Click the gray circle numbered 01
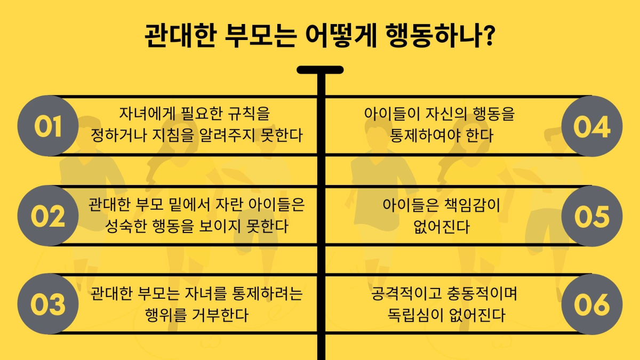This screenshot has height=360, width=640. pos(48,126)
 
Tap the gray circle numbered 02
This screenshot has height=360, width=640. pos(48,215)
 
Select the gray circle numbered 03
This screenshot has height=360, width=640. pos(48,304)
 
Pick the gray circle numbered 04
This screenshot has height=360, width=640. pos(591,126)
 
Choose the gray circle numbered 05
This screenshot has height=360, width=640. pos(591,215)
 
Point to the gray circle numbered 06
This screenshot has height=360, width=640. pos(591,304)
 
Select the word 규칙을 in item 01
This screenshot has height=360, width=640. pos(249,114)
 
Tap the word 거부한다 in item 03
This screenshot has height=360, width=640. pos(220,315)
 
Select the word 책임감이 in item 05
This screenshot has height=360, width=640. pos(472,205)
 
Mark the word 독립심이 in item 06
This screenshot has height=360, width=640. pos(415,315)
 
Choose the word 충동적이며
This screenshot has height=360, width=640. pos(482,293)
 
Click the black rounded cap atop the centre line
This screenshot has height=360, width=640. pos(320,70)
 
